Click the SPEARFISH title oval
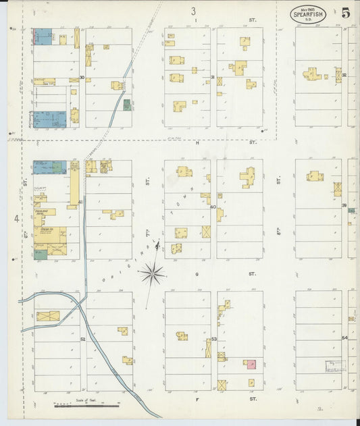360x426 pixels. [x=311, y=13]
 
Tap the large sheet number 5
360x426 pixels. [x=345, y=13]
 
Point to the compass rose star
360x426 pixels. [x=153, y=273]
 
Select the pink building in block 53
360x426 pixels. [x=251, y=365]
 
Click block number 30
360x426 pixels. [x=82, y=78]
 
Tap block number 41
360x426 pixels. [x=80, y=203]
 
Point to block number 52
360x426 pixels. [x=83, y=339]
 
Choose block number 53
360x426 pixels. [x=213, y=339]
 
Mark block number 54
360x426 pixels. [x=344, y=338]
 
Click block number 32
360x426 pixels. [x=344, y=76]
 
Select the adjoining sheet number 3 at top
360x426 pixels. [x=193, y=11]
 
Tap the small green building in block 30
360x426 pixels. [x=126, y=105]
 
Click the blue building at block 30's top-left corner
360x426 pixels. [x=43, y=36]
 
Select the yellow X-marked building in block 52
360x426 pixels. [x=48, y=316]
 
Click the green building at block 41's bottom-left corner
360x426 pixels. [x=41, y=255]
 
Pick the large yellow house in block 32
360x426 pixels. [x=311, y=74]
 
